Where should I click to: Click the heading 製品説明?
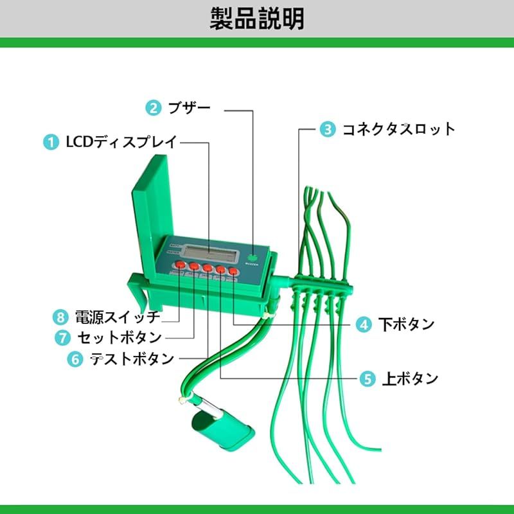[257, 19]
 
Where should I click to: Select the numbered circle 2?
[153, 107]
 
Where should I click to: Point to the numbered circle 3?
[328, 129]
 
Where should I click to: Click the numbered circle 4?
[364, 325]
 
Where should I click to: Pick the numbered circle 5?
[368, 379]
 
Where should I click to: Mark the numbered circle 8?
[61, 317]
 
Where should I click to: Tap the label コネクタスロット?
[398, 129]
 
